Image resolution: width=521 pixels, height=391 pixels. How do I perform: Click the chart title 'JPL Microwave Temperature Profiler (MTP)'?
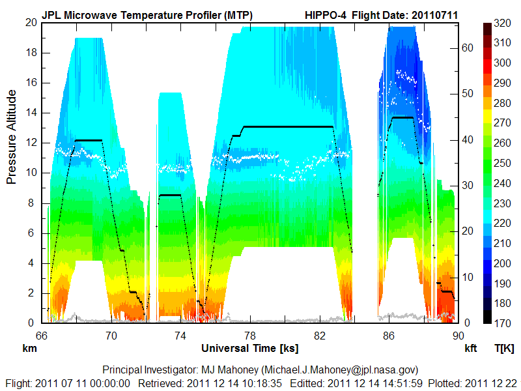[147, 14]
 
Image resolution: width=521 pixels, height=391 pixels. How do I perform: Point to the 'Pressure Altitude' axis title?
[12, 138]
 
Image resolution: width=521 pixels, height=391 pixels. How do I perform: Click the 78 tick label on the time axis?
[250, 336]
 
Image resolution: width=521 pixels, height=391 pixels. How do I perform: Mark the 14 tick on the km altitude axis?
[31, 113]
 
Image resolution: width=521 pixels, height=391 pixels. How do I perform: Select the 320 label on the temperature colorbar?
[502, 23]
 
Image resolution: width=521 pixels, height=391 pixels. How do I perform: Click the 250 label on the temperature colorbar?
[502, 163]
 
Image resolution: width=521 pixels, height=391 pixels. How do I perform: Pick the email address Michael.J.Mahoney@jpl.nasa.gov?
[346, 369]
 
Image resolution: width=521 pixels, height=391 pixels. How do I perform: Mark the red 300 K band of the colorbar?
[487, 63]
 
